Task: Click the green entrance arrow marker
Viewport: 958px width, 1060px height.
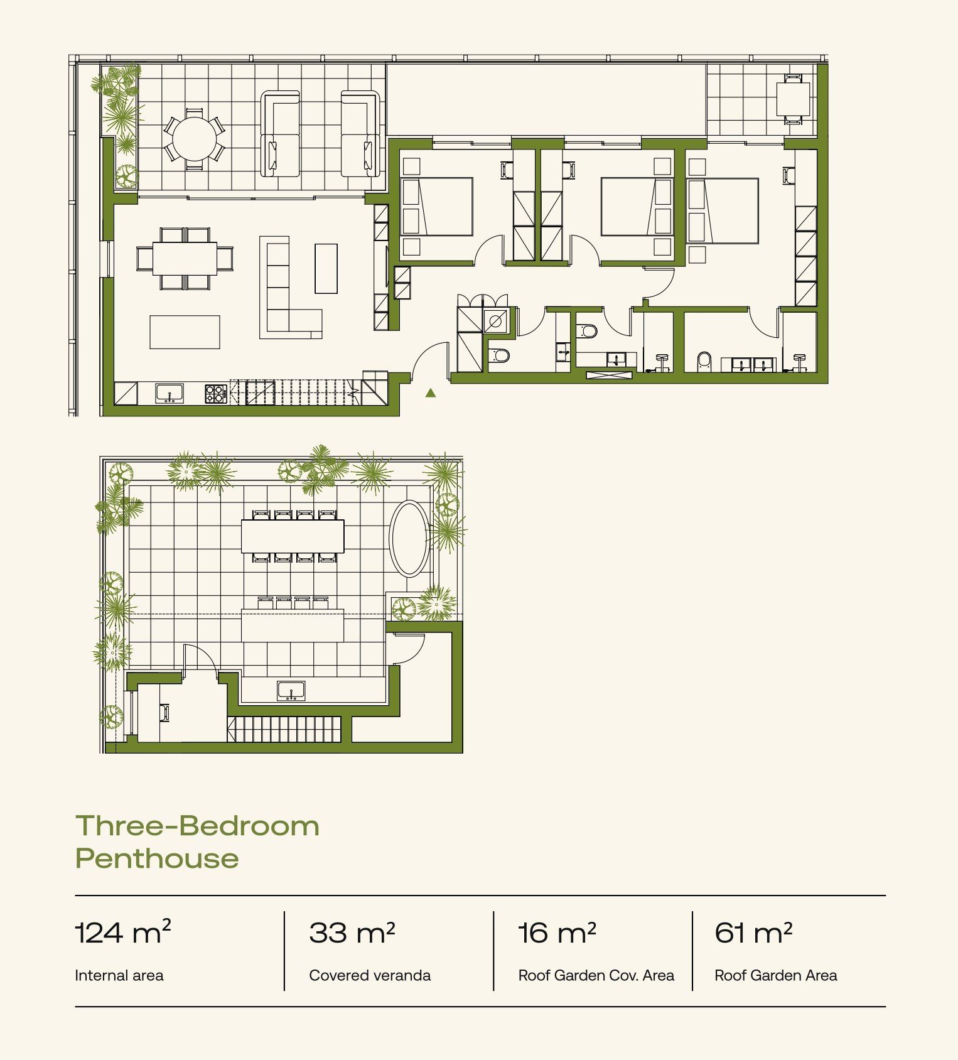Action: [431, 393]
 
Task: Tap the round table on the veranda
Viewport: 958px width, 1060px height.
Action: [195, 139]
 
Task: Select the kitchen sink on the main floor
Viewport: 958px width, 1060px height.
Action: [170, 394]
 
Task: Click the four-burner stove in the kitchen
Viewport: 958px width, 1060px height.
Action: [215, 394]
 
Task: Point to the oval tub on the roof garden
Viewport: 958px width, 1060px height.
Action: [410, 539]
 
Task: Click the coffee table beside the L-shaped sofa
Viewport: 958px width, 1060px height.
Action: [326, 269]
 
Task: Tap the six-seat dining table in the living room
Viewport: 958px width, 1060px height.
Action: [185, 258]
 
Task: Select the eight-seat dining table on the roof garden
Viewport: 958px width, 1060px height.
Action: [293, 536]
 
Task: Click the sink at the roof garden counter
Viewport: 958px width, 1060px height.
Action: [291, 691]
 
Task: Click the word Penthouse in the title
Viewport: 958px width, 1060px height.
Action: [157, 858]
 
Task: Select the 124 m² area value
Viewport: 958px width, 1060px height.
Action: [122, 932]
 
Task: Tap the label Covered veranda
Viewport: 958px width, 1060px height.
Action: [370, 975]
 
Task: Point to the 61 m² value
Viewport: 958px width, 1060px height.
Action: [753, 933]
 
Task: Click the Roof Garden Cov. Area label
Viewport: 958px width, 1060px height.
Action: [596, 975]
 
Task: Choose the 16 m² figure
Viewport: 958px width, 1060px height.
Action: [557, 933]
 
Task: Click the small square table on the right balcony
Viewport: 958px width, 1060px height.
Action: [793, 99]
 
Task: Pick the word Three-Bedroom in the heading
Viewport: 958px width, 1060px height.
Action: [197, 826]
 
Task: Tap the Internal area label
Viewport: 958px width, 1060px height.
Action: [119, 975]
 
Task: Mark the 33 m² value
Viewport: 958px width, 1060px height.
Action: [352, 933]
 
